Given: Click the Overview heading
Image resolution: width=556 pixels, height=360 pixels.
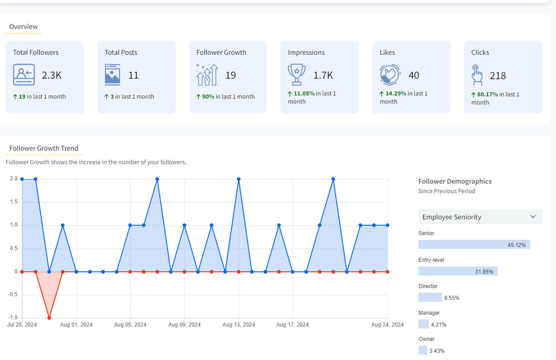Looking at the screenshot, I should (x=24, y=27).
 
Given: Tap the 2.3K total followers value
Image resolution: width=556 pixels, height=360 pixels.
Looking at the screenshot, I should (x=52, y=76).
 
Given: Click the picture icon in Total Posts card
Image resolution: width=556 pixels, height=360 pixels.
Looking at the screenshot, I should (x=112, y=75).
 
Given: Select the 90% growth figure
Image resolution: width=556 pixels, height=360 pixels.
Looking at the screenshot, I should (x=208, y=96).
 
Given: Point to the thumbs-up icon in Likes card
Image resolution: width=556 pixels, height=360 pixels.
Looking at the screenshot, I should (x=390, y=75).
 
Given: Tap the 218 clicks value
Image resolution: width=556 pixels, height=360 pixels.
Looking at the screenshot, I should (x=498, y=76).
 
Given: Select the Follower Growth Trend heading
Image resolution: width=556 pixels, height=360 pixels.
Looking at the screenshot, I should (x=44, y=148).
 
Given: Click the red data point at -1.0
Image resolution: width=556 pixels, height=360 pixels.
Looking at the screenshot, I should (x=49, y=318).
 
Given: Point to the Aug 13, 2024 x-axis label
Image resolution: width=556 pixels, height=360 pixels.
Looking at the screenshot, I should (x=239, y=325).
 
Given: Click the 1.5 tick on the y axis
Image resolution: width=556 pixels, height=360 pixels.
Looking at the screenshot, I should (x=13, y=202).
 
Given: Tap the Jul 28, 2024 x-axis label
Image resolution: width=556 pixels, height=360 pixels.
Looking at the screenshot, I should (x=22, y=325).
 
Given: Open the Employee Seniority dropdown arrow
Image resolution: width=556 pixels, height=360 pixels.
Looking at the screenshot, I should (x=532, y=217).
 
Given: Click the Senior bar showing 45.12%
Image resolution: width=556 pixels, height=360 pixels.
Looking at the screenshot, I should (x=474, y=245).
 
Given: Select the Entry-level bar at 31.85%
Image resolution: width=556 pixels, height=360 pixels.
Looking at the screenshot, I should (x=458, y=271).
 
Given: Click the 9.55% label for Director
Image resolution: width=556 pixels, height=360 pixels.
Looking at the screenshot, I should (x=451, y=298).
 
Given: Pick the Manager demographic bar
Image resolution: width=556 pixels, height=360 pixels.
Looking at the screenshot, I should (x=423, y=324).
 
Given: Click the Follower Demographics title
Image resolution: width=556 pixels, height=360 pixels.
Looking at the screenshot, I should (x=455, y=181).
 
